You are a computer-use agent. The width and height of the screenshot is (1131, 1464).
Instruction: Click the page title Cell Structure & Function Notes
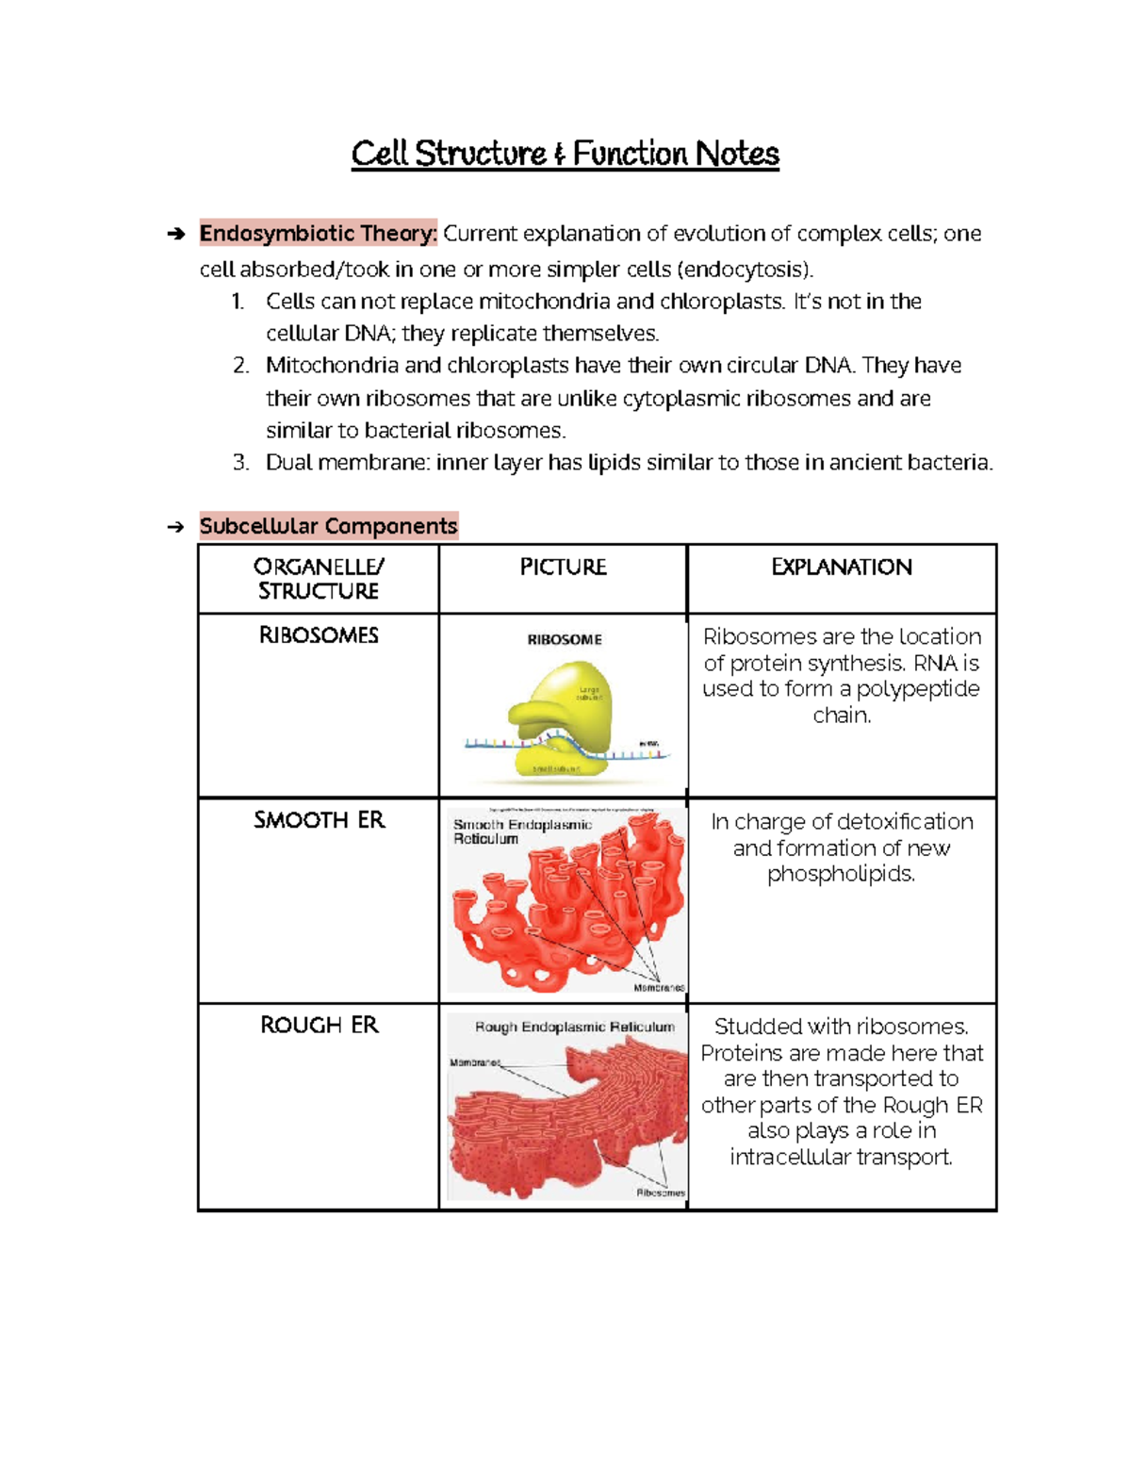[565, 154]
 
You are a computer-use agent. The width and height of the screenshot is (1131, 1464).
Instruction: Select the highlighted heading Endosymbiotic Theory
[318, 233]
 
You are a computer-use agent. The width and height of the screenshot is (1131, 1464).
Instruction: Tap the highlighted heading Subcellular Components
[328, 526]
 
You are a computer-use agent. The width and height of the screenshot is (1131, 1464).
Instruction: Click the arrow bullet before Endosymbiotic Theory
[175, 234]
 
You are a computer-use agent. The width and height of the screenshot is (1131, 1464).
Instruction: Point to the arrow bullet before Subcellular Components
[175, 527]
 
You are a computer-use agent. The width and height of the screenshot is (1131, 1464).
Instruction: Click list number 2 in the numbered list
[240, 366]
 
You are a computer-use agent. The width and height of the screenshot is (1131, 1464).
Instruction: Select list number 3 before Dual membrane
[240, 463]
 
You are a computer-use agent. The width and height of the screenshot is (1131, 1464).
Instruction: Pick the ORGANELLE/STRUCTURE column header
[319, 579]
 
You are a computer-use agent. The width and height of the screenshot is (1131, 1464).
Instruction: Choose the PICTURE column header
[563, 568]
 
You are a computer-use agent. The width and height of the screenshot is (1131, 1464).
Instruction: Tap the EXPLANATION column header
[841, 568]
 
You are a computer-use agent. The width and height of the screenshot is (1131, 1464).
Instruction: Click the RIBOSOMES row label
[319, 635]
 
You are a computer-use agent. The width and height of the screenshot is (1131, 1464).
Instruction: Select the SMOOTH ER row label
[319, 820]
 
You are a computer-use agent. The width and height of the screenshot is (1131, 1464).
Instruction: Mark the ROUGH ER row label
[319, 1025]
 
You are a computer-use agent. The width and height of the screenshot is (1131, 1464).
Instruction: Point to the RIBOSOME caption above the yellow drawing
[564, 639]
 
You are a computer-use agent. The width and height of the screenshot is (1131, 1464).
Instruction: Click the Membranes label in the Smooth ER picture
[658, 987]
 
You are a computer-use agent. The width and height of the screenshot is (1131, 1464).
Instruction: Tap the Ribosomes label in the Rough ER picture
[660, 1193]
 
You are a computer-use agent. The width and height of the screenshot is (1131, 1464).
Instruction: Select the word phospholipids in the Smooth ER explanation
[841, 874]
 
